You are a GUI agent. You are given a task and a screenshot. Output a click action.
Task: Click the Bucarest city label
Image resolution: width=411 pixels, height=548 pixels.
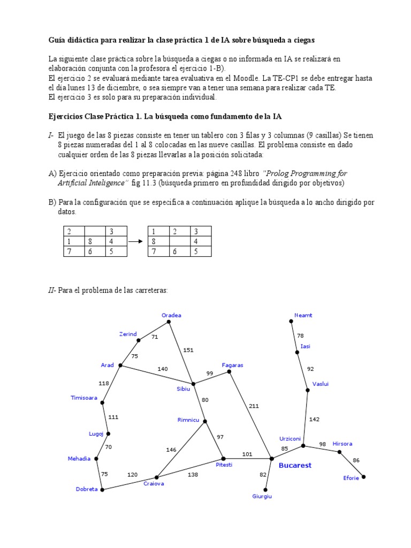pos(295,466)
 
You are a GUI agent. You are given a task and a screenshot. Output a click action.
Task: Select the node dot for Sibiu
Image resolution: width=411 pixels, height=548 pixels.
pos(193,384)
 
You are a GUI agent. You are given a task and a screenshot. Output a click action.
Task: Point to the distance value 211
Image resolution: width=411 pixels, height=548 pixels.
pos(254,406)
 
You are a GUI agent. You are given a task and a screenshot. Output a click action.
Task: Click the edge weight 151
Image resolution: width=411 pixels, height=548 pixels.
pos(188,351)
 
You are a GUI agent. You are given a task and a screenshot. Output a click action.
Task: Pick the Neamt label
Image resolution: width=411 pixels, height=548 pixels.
pos(303,315)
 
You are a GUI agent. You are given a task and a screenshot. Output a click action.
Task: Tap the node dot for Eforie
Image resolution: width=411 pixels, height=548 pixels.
pos(363,476)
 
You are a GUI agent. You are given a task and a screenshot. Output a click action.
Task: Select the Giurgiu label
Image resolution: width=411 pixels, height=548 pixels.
pos(262,496)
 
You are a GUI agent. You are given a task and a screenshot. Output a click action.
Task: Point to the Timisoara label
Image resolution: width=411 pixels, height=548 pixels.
pos(84,398)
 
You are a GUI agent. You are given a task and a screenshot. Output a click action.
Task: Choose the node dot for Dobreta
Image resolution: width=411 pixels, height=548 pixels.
pos(102,489)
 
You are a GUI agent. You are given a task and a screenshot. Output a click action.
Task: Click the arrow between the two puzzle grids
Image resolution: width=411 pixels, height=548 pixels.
pos(138,241)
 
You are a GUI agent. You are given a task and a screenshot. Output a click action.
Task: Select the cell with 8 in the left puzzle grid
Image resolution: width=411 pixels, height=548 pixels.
pos(94,241)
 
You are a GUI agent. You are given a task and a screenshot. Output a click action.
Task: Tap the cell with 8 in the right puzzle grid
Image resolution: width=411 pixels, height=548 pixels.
pos(158,241)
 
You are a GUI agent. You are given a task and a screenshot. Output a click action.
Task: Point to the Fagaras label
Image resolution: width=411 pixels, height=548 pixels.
pos(232,365)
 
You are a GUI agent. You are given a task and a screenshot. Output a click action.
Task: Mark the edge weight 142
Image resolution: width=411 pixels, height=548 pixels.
pos(314,420)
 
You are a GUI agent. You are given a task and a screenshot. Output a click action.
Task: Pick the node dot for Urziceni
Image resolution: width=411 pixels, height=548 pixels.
pos(303,446)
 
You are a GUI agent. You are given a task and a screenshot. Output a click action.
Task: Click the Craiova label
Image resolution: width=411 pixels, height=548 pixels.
pos(154,483)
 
